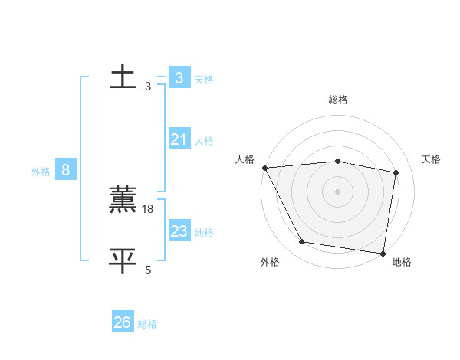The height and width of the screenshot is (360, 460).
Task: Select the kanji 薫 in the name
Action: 123,200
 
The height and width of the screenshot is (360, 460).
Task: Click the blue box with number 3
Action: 179,78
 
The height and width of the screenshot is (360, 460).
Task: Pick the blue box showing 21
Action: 179,139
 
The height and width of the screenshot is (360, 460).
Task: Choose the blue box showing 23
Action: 179,231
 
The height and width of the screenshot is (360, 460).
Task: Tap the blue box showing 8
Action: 66,170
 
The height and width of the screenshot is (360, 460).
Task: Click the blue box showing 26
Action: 122,322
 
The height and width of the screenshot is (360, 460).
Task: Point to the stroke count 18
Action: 149,209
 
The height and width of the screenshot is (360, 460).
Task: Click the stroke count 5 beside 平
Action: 148,270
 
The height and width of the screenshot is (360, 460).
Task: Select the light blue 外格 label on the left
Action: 41,172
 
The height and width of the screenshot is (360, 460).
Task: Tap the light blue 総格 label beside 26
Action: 147,324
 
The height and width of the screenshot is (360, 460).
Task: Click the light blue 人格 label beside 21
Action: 204,141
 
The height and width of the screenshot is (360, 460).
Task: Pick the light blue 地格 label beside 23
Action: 204,233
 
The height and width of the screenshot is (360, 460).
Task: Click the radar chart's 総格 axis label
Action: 338,100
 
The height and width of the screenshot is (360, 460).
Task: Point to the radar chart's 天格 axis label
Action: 432,159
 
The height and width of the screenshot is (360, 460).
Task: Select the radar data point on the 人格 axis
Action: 264,168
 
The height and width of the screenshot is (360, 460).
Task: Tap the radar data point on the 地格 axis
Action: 383,253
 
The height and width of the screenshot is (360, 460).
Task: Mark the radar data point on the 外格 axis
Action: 302,242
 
